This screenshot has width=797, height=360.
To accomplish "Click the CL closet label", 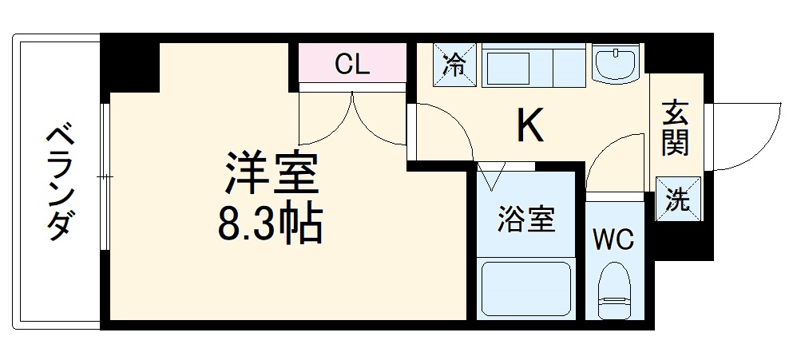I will [352, 64].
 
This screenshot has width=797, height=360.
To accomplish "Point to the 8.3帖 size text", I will [271, 226].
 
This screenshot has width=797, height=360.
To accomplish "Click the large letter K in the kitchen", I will [529, 125].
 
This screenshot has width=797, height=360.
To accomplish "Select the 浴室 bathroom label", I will [526, 220].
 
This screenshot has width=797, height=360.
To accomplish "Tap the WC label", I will [613, 239].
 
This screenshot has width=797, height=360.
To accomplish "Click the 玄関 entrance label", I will [675, 130].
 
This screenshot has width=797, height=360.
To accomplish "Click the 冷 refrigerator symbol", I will [455, 64].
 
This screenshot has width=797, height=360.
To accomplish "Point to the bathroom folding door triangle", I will [493, 172].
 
